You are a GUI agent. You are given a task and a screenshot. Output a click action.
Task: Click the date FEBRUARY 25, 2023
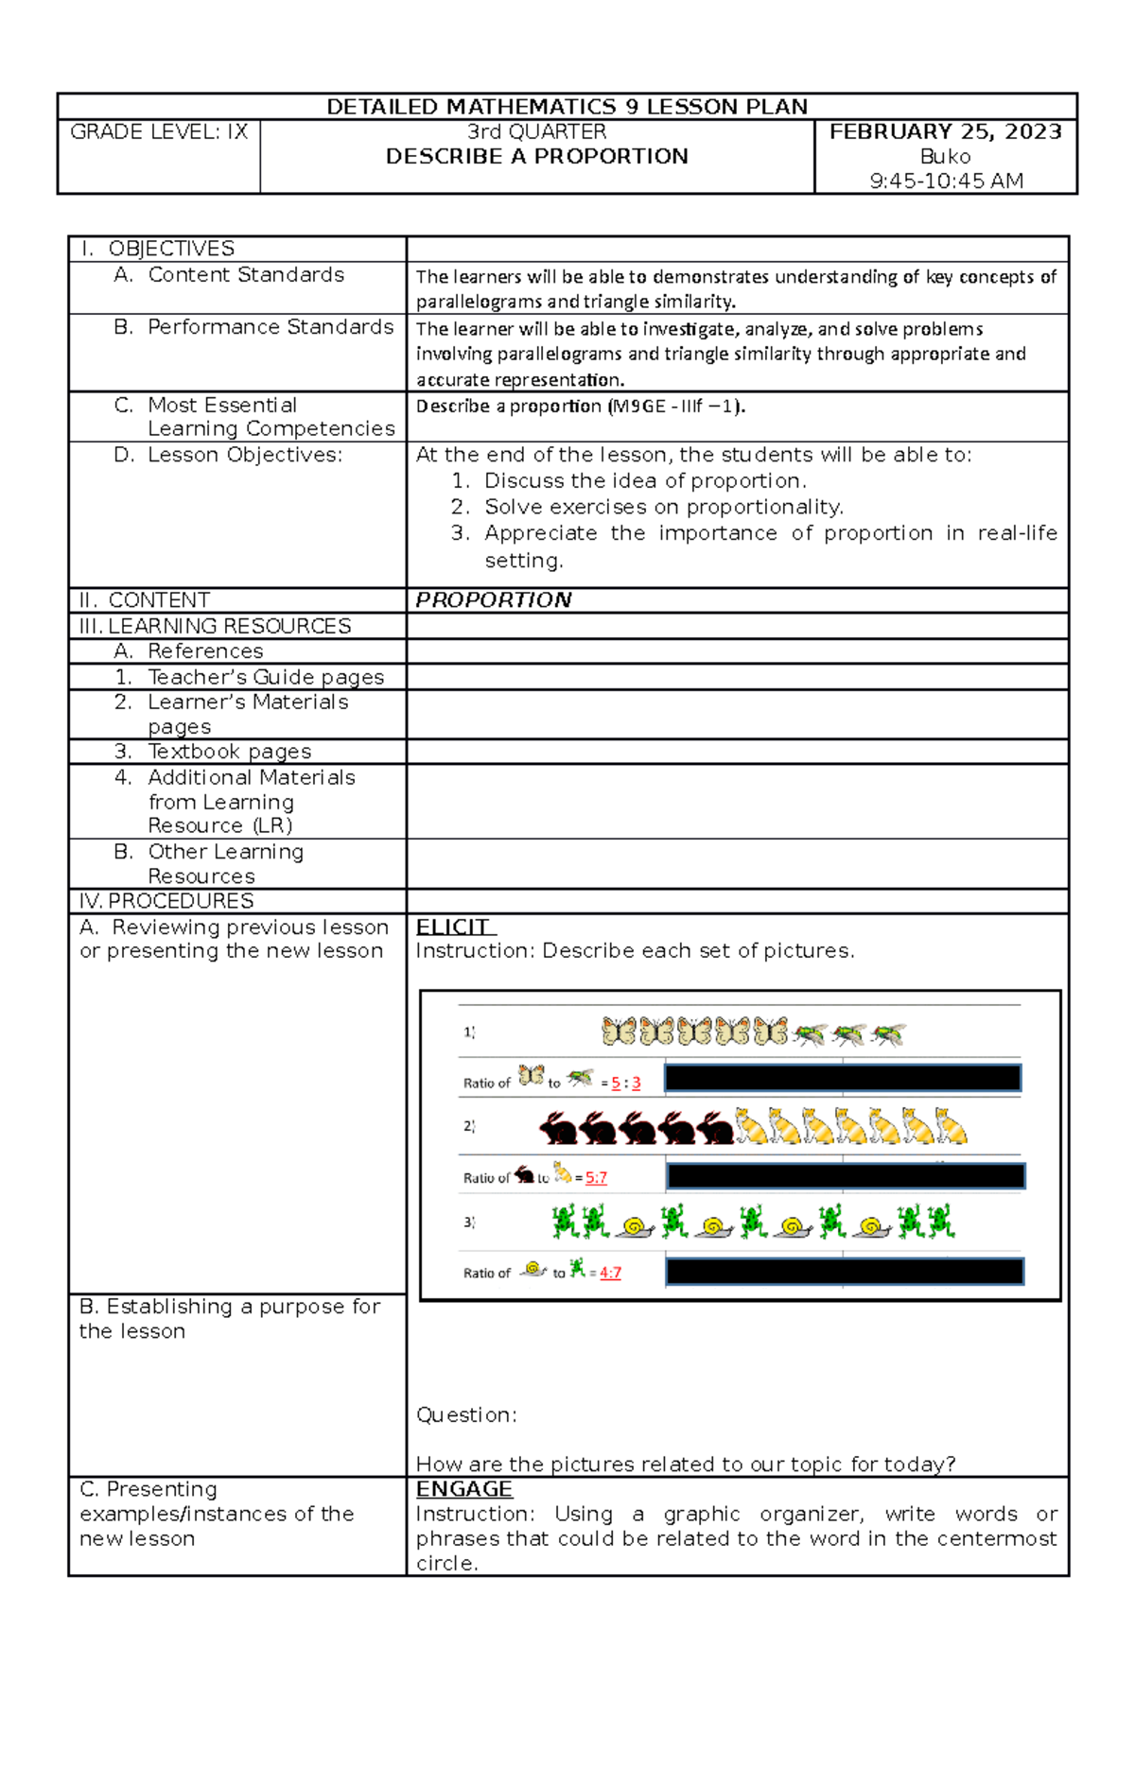click(945, 131)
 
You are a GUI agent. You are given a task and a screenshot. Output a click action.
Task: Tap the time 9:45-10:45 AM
click(945, 181)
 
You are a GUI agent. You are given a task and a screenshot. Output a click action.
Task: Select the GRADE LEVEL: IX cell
click(159, 132)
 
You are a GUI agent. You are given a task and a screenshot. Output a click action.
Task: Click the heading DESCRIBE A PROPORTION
click(536, 157)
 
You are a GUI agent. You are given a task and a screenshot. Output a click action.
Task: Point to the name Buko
click(945, 156)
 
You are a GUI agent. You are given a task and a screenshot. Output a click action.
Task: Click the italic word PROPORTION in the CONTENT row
click(493, 600)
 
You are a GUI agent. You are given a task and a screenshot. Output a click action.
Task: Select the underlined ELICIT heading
click(454, 927)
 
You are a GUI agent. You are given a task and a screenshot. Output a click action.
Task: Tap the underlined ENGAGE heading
click(463, 1489)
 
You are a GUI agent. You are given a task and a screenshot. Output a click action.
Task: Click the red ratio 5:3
click(625, 1084)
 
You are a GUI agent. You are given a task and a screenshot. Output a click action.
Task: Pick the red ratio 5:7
click(596, 1178)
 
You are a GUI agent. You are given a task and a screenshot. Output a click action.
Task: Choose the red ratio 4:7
click(610, 1274)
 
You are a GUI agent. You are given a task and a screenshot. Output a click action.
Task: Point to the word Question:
click(466, 1415)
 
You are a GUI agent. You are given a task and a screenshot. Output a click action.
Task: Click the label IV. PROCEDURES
click(166, 901)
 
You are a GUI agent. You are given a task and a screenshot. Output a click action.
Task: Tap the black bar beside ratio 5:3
click(842, 1078)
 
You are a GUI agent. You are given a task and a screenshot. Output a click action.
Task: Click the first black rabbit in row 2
click(558, 1128)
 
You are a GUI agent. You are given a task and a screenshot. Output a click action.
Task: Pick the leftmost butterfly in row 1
click(619, 1032)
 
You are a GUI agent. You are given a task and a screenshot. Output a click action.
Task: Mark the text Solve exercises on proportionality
click(663, 508)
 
